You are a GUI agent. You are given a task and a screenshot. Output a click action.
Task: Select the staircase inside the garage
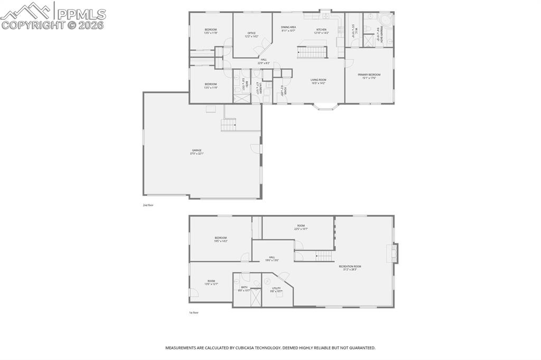(229, 126)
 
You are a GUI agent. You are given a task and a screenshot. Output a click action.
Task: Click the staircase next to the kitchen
(312, 52)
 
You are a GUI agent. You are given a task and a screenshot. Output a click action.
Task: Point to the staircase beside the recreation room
(324, 256)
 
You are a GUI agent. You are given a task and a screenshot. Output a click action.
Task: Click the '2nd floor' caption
(148, 205)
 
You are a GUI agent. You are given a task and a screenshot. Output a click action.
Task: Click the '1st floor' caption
(194, 312)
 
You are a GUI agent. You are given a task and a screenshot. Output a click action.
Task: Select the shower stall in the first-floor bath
(255, 297)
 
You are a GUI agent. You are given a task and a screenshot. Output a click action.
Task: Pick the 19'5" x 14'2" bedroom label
(220, 239)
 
